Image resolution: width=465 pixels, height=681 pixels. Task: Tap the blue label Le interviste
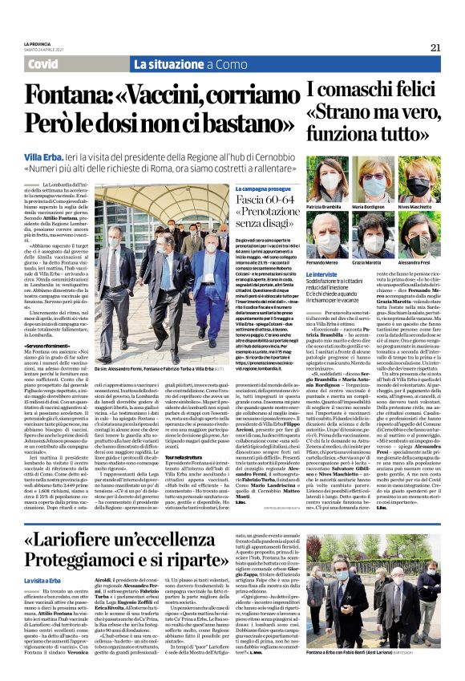[324, 275]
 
